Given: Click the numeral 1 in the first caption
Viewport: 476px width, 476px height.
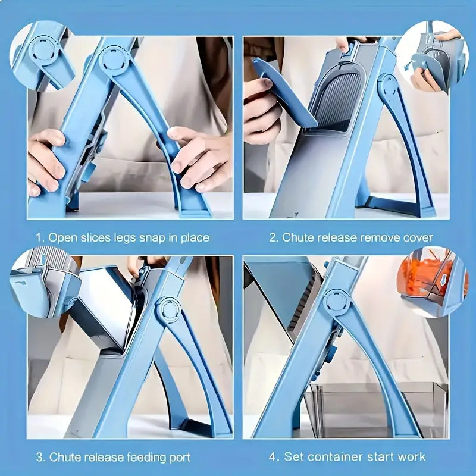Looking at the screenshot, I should pos(39,237).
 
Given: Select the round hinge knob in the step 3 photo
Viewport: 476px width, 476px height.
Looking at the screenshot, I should pos(168,310).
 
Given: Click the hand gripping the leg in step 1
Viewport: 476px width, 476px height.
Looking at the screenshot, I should pos(196,158).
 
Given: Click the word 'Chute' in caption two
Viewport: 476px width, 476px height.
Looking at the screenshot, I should pos(300,237).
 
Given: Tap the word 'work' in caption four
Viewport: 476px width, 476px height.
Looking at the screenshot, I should pos(412,457).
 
